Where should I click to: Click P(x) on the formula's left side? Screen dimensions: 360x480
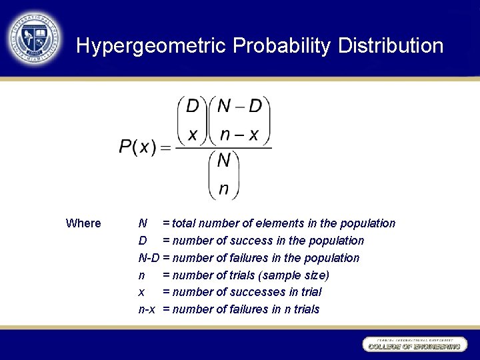click(138, 147)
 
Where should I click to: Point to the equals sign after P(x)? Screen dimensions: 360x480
click(165, 147)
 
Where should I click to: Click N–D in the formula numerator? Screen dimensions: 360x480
click(240, 107)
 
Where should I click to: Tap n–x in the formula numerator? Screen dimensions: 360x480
click(240, 134)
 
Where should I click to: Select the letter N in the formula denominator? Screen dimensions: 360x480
click(224, 161)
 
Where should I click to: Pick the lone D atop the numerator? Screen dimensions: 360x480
click(193, 107)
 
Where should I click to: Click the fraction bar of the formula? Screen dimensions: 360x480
click(223, 147)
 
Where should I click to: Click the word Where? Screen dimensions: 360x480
click(83, 223)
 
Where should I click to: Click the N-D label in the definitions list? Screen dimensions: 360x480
click(149, 258)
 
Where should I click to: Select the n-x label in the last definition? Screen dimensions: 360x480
click(147, 309)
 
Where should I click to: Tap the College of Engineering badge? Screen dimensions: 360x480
click(414, 345)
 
